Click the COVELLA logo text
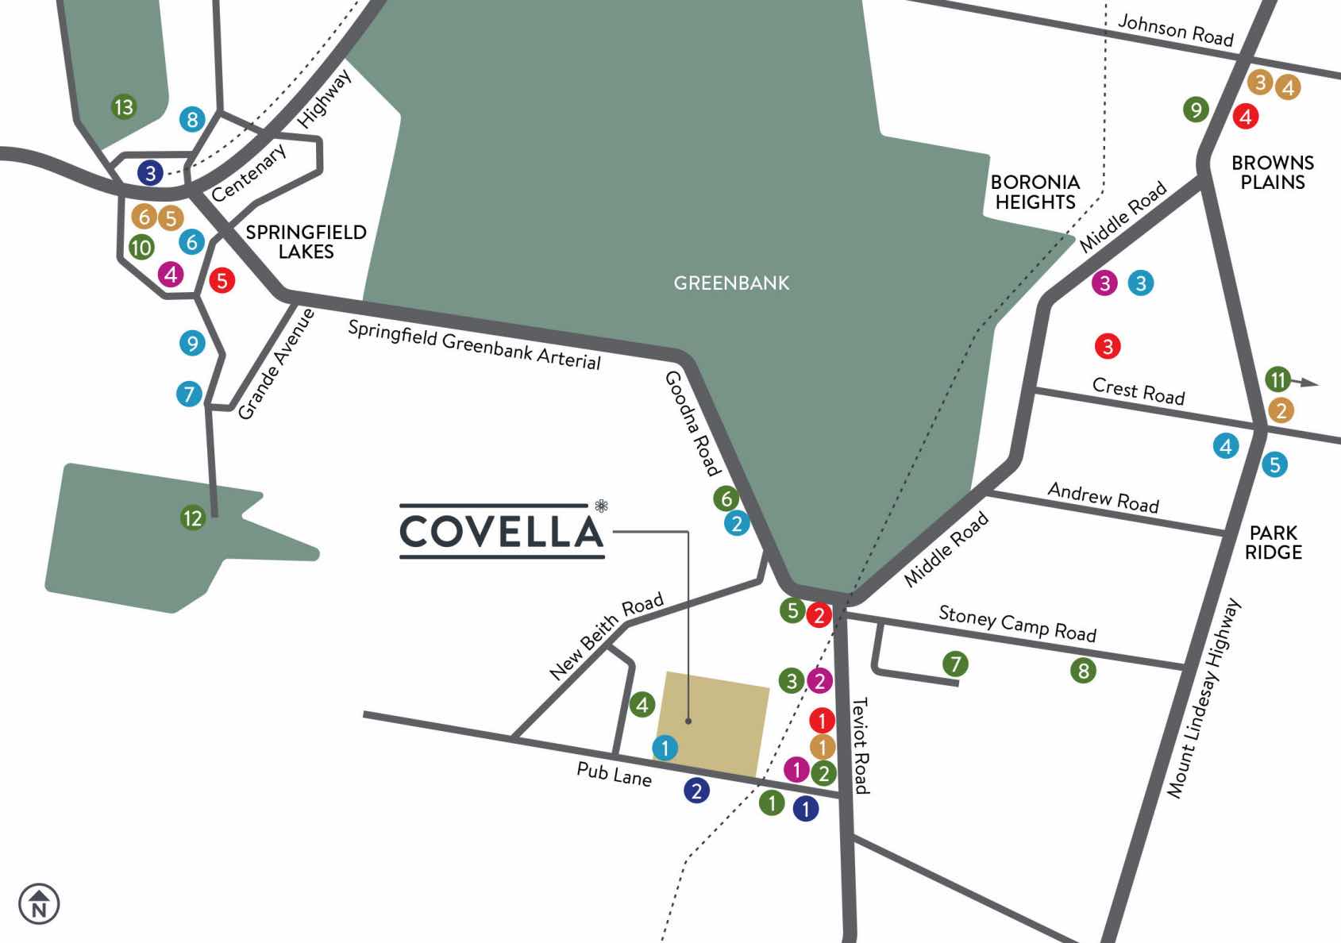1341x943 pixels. coord(501,531)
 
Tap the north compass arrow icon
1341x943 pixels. coord(39,903)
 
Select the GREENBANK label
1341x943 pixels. coord(731,283)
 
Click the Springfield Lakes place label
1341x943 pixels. coord(306,241)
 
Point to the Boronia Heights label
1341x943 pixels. coord(1035,192)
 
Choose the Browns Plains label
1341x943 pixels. coord(1272,172)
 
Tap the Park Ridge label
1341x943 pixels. coord(1273,542)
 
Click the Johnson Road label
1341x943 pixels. coord(1175,31)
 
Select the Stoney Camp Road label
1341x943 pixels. coord(1017,623)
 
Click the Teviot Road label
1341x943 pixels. coord(860,745)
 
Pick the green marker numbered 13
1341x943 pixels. coord(124,106)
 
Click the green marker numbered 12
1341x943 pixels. coord(193,518)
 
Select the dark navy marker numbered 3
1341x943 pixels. coord(150,172)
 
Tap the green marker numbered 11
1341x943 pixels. coord(1277,379)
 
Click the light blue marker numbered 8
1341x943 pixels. coord(192,120)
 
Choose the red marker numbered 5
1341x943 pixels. coord(222,279)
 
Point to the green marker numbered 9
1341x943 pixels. coord(1196,109)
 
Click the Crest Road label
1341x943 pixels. coord(1138,391)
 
